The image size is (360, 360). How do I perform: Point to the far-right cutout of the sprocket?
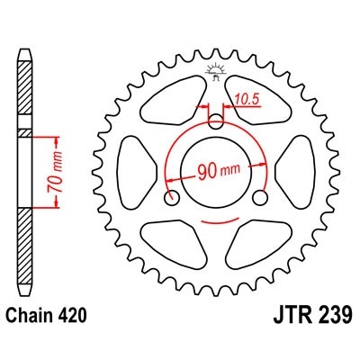[301, 169]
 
